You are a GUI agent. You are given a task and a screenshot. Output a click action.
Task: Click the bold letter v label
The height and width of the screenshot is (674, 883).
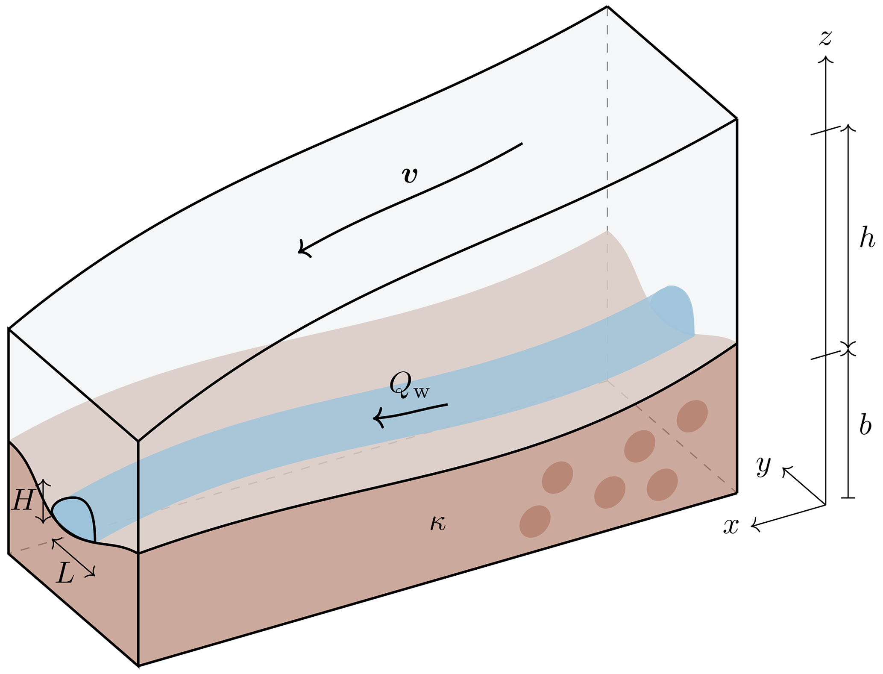[x=410, y=175]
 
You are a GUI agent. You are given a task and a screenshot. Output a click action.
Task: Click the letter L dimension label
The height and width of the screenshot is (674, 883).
[x=65, y=574]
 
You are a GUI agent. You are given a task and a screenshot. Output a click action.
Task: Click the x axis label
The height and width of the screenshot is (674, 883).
[x=731, y=527]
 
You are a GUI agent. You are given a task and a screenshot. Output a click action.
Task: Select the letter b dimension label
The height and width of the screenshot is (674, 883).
[x=865, y=425]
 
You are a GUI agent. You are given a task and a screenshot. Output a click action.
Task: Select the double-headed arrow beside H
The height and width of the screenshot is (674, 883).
[x=43, y=501]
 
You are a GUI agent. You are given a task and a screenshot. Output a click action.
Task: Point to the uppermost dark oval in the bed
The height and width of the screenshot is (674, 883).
[x=692, y=416]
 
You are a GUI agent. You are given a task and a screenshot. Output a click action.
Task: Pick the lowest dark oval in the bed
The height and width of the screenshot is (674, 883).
[x=535, y=521]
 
